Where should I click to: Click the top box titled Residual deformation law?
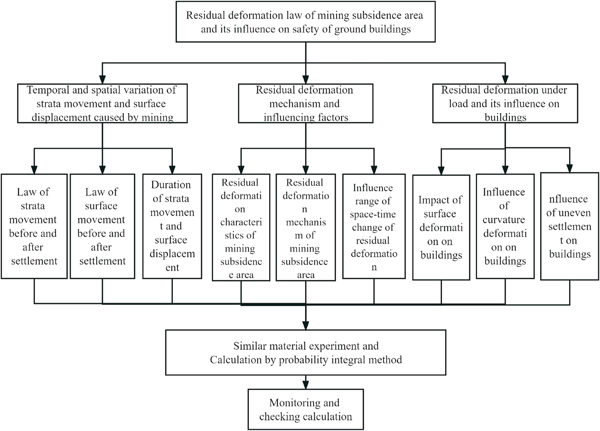(305, 22)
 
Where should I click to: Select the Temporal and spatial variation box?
(102, 103)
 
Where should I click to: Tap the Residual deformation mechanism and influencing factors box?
(305, 103)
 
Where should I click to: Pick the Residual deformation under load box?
(505, 103)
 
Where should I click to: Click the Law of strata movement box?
(34, 226)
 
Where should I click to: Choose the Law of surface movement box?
(102, 226)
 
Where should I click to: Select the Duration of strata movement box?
(172, 226)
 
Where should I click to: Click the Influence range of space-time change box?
(374, 226)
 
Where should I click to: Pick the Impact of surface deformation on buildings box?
(441, 227)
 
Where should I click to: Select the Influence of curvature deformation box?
(505, 226)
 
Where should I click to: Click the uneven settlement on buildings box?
(570, 226)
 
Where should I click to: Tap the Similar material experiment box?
(305, 352)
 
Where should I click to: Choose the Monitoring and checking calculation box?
(305, 409)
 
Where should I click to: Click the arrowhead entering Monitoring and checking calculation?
(305, 385)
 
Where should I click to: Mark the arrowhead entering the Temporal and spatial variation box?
(102, 80)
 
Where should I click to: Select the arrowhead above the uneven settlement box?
(570, 168)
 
